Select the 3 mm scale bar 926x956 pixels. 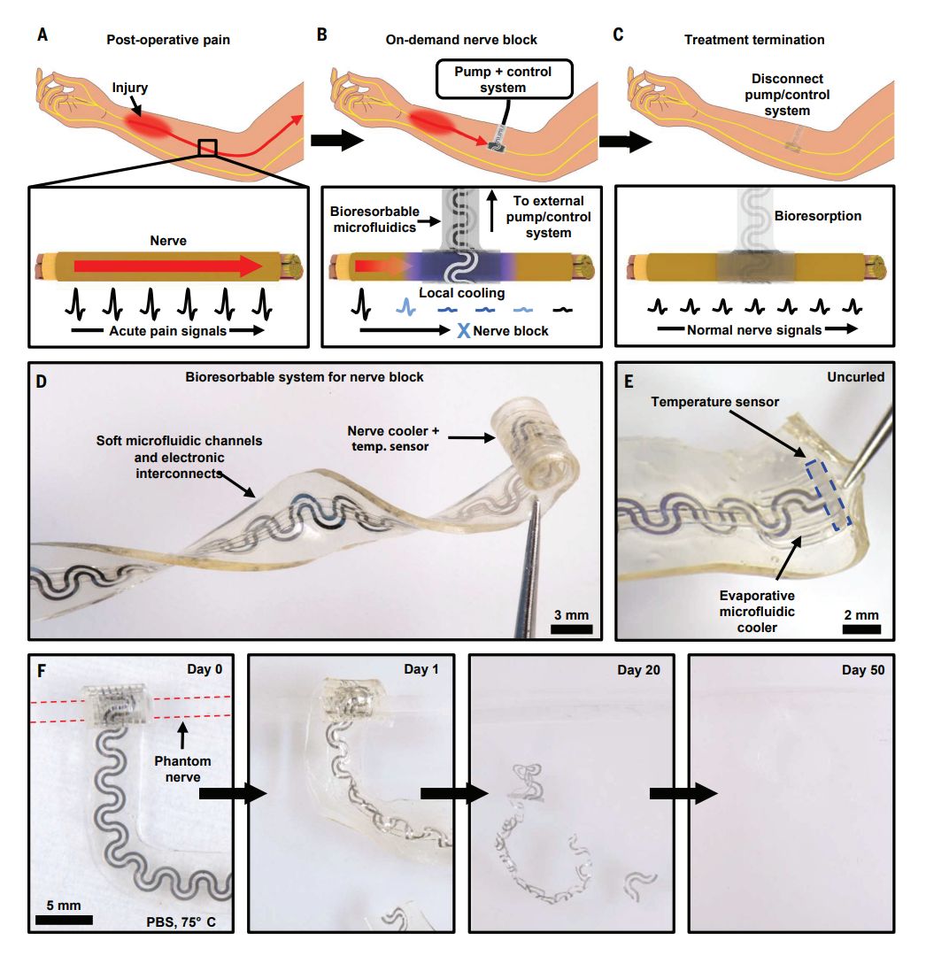pos(571,628)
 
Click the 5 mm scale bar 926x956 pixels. pos(64,919)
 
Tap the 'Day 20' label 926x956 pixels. pos(641,669)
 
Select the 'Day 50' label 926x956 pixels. pos(862,669)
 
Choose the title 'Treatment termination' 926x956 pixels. pos(754,40)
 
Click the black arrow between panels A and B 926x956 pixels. pos(338,140)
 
